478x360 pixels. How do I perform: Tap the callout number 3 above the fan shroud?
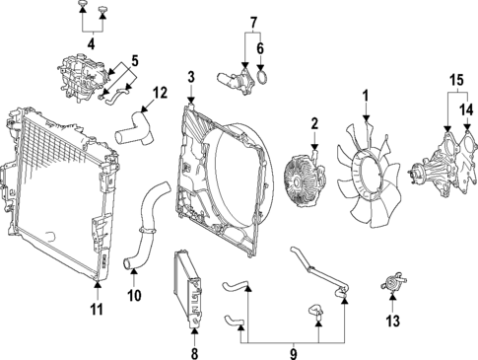191,76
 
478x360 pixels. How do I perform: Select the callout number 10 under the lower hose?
134,293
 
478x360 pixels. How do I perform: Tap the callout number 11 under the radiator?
97,313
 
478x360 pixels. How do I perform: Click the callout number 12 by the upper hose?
161,95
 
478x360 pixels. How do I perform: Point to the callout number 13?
392,321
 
